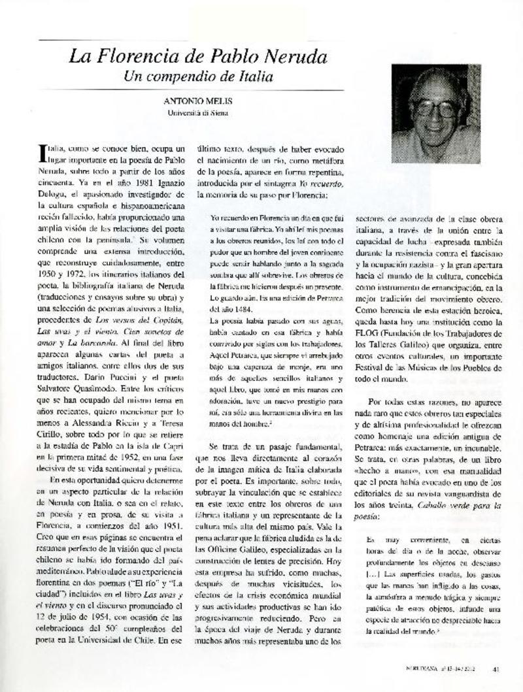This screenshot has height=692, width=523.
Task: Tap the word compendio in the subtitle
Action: pyautogui.click(x=184, y=76)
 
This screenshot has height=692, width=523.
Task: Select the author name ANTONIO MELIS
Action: pyautogui.click(x=198, y=102)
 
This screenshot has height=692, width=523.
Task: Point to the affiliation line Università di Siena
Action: pyautogui.click(x=197, y=113)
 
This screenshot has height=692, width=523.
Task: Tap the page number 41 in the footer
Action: pyautogui.click(x=497, y=668)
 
